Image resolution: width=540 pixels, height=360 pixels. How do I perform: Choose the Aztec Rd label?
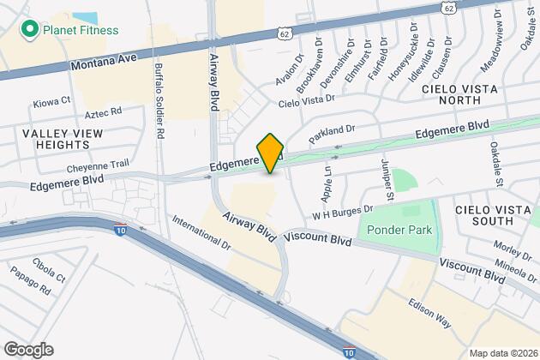(x=104, y=112)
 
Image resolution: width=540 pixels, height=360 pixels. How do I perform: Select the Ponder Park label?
(x=397, y=230)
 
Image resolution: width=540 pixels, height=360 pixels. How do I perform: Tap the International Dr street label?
(x=201, y=232)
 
